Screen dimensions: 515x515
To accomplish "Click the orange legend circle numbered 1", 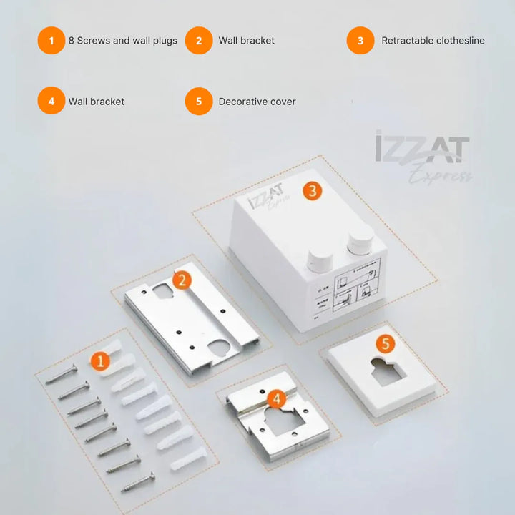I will click(x=51, y=41).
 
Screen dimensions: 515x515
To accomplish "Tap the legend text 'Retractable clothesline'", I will click(x=433, y=41).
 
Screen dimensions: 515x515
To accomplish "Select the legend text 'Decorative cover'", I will click(x=257, y=102).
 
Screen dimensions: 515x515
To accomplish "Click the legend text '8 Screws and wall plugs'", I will click(x=122, y=41).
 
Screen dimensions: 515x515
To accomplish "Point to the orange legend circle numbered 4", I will click(x=51, y=102).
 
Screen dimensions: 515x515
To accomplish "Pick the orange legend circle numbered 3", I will click(x=360, y=41).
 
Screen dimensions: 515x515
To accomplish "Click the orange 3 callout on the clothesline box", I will click(x=312, y=190).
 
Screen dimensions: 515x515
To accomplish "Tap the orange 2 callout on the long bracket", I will click(x=182, y=280).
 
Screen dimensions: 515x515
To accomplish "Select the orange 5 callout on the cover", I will click(x=386, y=343).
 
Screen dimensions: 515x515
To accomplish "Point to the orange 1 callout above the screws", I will click(x=100, y=361).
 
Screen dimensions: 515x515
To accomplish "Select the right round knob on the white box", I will click(x=360, y=240).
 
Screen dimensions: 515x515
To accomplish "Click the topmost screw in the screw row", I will click(x=61, y=374).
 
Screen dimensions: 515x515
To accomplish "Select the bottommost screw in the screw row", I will click(x=137, y=484).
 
